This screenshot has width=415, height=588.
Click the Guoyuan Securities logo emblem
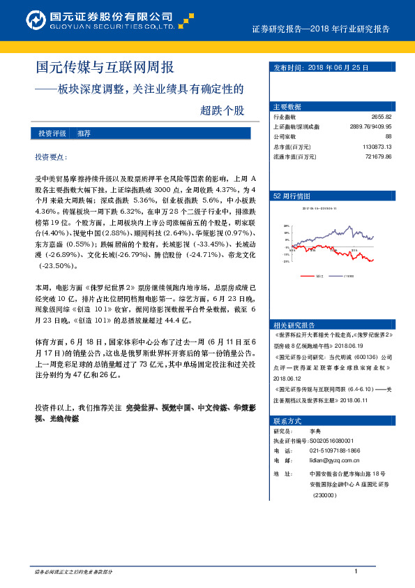point(35,20)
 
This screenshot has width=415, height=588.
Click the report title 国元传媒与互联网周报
point(104,68)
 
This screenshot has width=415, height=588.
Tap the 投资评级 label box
point(52,133)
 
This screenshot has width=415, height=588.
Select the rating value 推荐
point(84,133)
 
